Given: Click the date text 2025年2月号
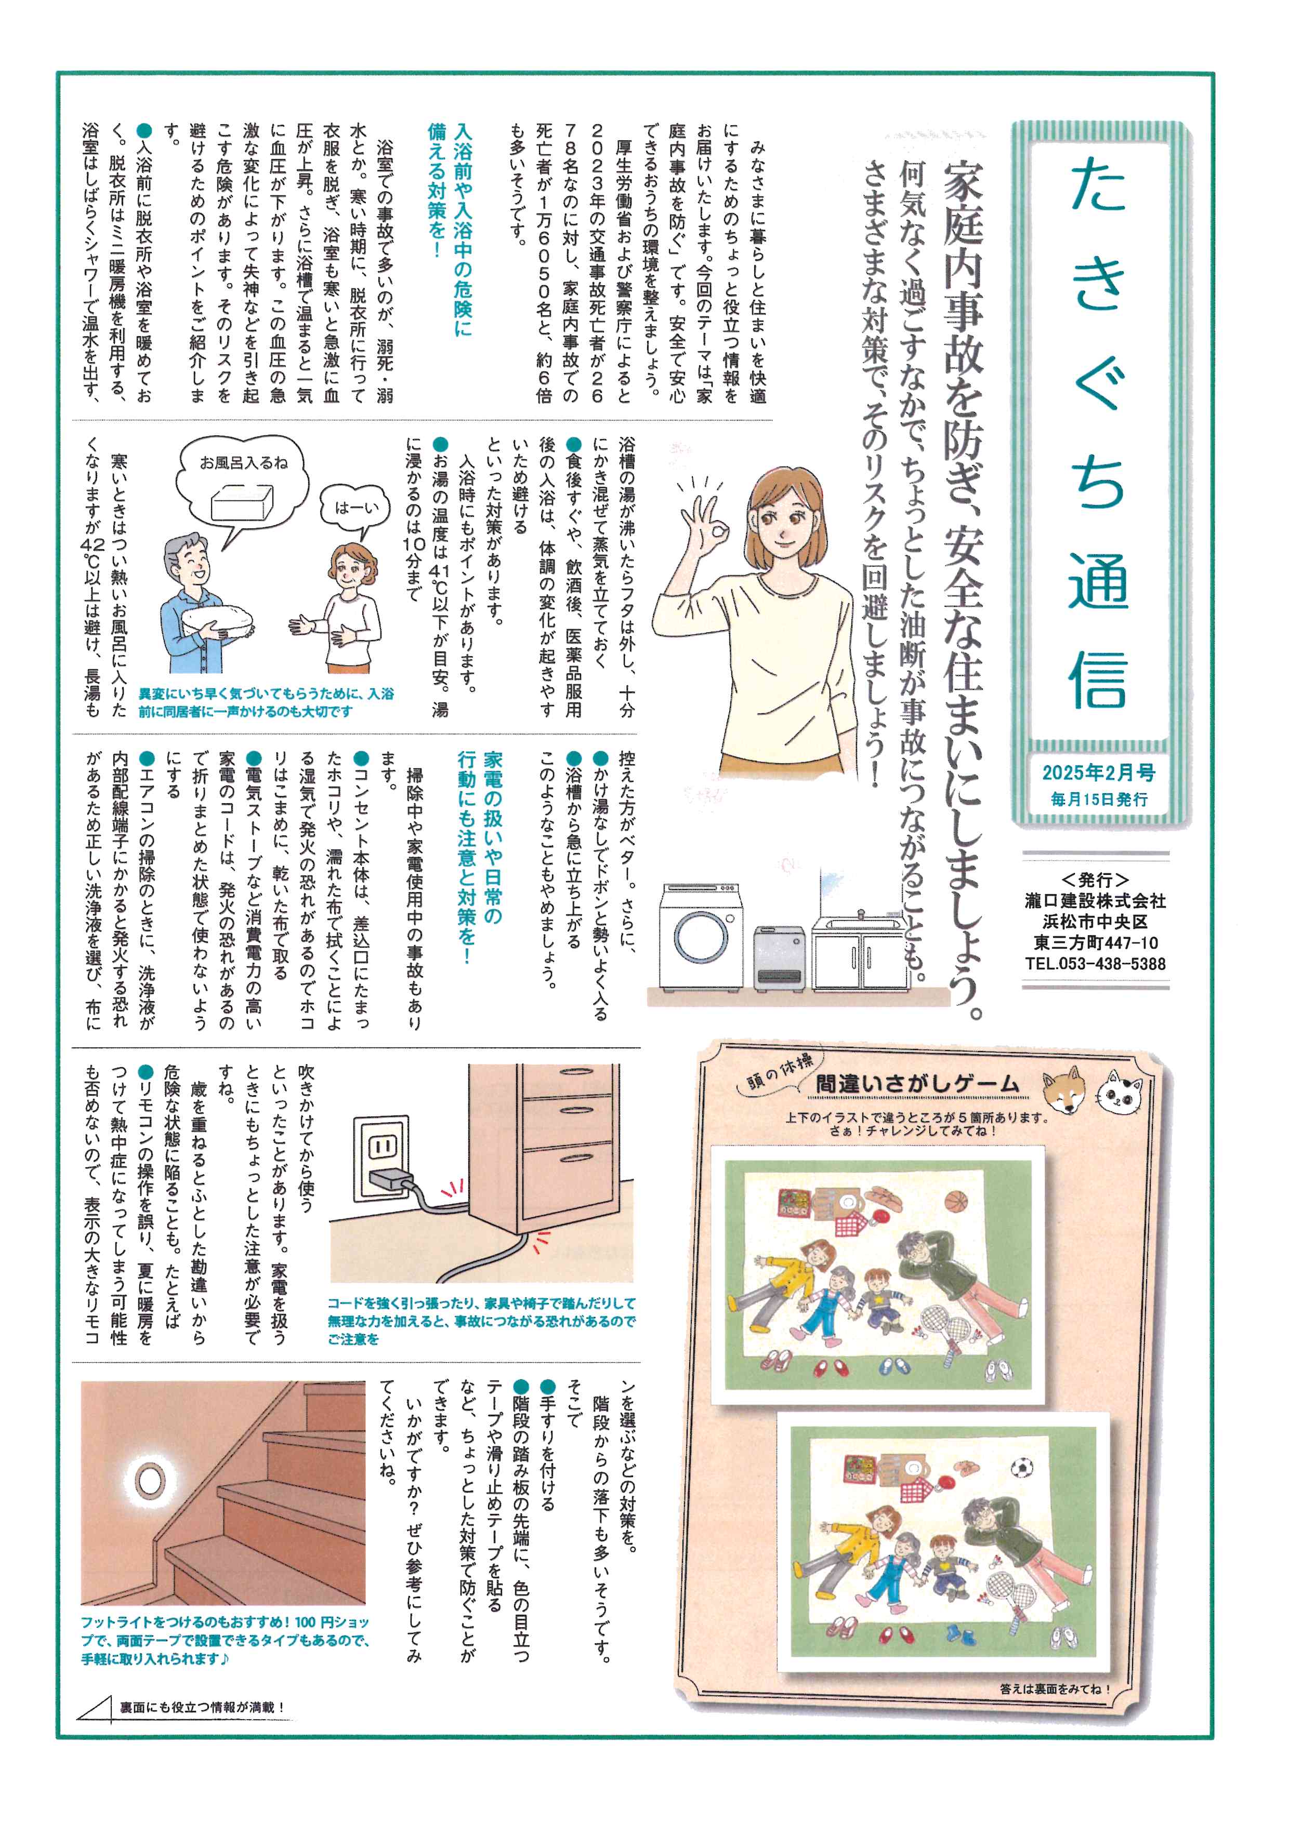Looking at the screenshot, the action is click(x=1098, y=772).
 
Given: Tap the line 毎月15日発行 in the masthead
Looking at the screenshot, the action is click(x=1098, y=799).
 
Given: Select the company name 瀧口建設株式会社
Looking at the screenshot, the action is click(x=1095, y=901).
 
